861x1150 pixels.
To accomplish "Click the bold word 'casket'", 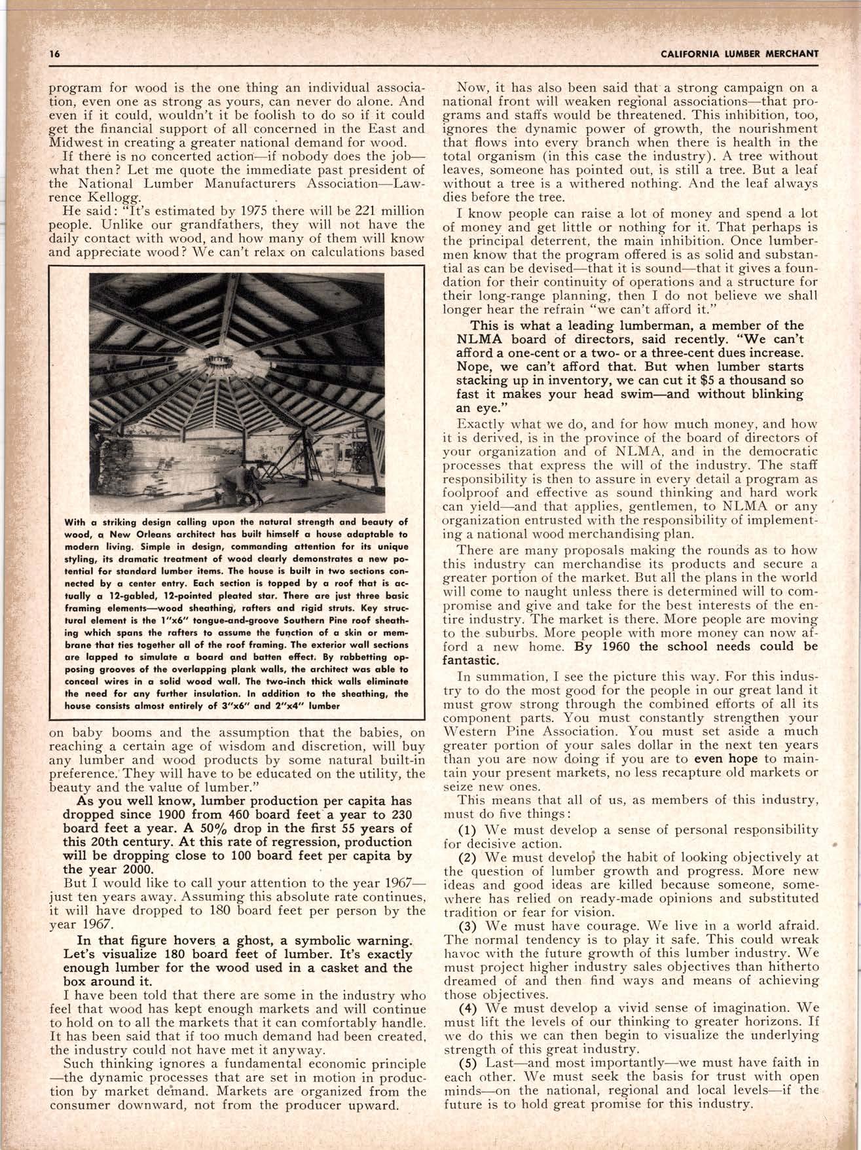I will point(351,968).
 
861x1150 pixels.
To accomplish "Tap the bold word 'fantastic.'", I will point(469,660).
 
